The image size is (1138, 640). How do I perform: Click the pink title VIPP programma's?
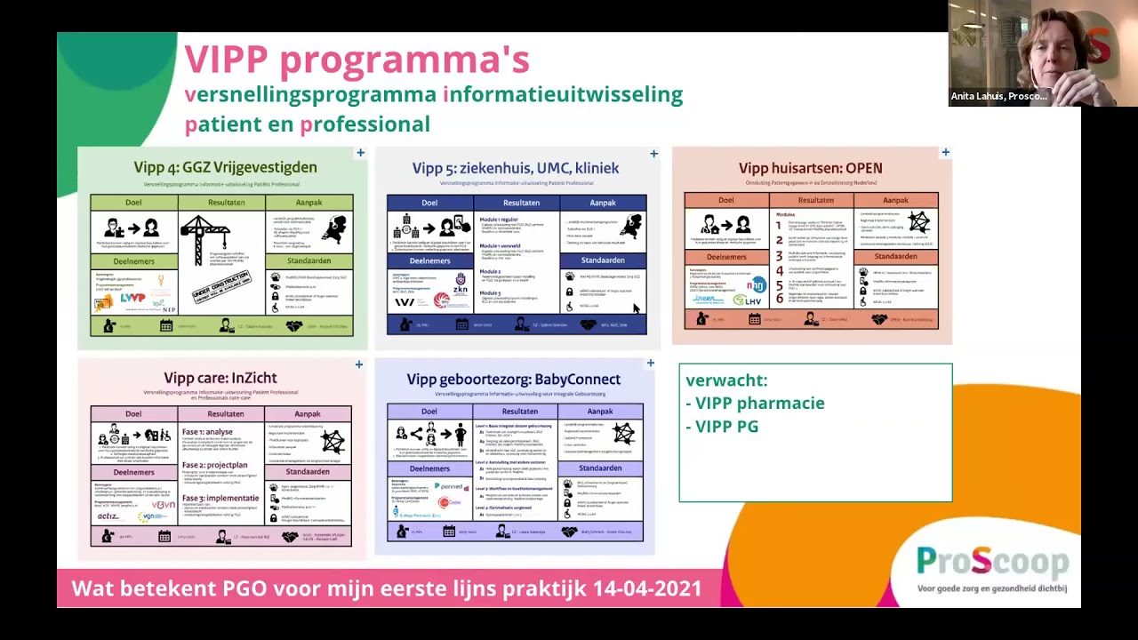(x=357, y=60)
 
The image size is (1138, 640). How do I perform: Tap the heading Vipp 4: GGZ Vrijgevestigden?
(x=225, y=167)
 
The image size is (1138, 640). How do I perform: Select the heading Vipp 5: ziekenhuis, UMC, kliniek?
(x=515, y=168)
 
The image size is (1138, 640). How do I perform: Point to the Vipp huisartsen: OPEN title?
(x=810, y=168)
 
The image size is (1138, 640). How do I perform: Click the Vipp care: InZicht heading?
(x=220, y=379)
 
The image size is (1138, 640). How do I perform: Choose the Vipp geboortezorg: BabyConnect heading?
(x=513, y=380)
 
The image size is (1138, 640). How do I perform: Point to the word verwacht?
(x=726, y=380)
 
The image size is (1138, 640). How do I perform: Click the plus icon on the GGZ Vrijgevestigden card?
(x=360, y=153)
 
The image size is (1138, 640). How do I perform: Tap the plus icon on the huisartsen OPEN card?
(x=945, y=153)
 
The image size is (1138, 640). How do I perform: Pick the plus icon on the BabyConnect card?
(x=650, y=364)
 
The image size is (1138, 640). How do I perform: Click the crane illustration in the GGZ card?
(x=205, y=236)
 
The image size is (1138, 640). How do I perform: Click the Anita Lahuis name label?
(x=998, y=96)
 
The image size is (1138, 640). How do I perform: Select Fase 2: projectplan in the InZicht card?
(x=214, y=465)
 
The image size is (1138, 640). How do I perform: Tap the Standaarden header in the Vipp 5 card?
(x=602, y=260)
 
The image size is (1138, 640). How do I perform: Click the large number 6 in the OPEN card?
(x=779, y=299)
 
